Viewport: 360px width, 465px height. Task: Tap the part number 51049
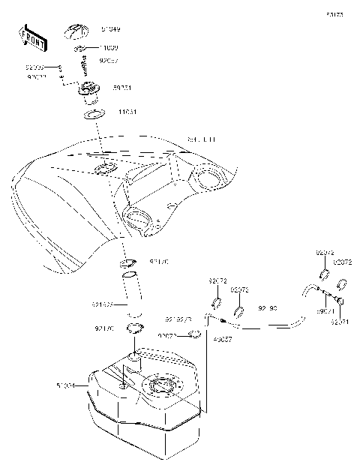coord(110,29)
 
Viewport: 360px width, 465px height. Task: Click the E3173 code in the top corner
coord(334,14)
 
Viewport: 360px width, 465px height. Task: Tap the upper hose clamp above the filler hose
coord(128,263)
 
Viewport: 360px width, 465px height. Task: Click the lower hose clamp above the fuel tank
coord(135,328)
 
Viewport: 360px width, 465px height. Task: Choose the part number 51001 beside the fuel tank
coord(66,385)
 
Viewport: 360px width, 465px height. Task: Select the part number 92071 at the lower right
coord(340,322)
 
